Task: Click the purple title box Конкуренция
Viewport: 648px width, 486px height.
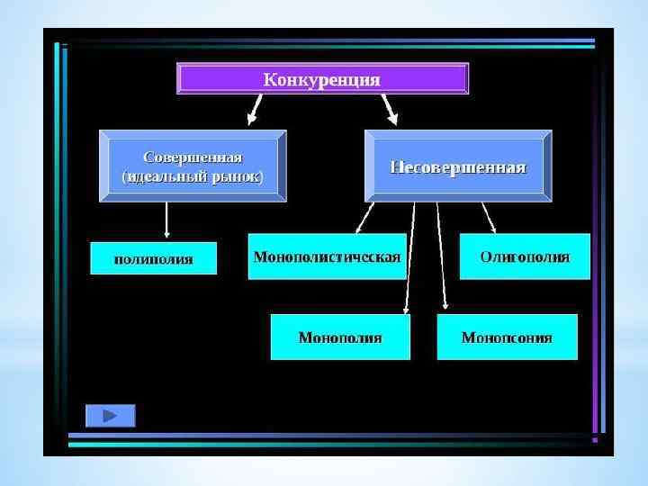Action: point(323,78)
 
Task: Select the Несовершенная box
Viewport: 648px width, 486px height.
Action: point(457,166)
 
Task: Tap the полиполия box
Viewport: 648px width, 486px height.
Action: point(154,258)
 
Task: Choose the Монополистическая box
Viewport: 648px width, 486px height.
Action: point(327,256)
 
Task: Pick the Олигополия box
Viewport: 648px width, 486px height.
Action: point(525,256)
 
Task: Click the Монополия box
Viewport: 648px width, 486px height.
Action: point(340,337)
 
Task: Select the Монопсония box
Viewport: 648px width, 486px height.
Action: point(507,337)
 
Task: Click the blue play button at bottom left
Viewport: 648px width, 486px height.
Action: point(111,416)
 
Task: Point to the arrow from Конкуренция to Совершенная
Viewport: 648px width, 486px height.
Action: point(254,109)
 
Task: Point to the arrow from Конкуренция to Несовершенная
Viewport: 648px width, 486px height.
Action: point(391,109)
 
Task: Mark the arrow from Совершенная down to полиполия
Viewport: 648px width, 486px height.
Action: point(166,221)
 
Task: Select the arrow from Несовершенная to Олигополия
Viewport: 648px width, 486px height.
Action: point(489,217)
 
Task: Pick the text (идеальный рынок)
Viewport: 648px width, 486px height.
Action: point(193,176)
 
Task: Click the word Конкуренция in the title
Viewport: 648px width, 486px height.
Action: point(321,79)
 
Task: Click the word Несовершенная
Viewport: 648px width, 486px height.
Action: point(457,167)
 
